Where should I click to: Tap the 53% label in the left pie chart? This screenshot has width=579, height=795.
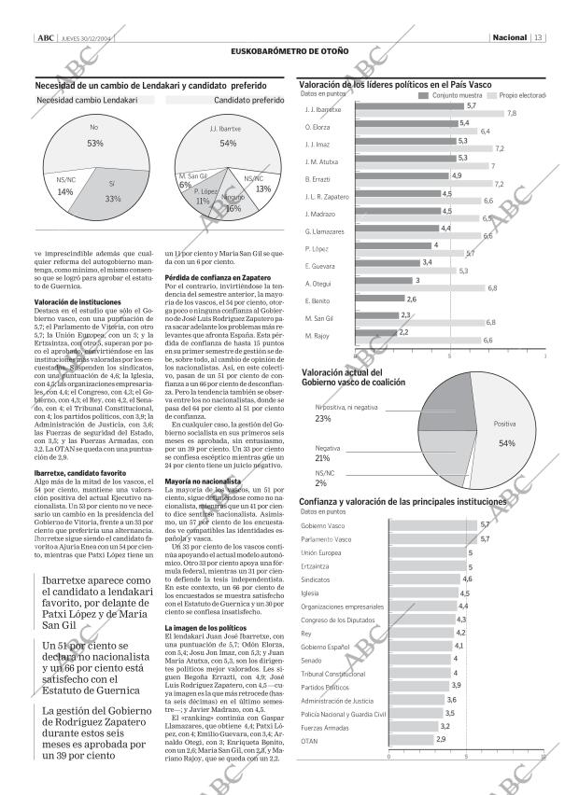(94, 143)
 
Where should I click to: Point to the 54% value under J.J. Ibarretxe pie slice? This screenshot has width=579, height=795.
(227, 144)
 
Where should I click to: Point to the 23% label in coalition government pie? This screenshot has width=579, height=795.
(323, 418)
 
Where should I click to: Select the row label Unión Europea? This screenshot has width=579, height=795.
(321, 552)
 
